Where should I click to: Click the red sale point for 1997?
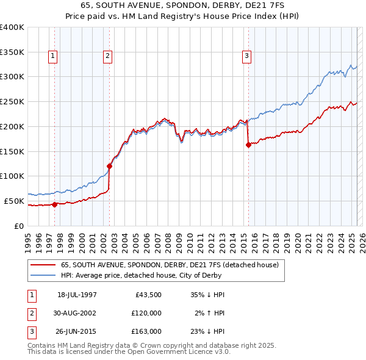pos(54,204)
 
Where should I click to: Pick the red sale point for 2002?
pos(110,166)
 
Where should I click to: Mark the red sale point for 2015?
pos(248,145)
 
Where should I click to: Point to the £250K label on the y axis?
pos(12,102)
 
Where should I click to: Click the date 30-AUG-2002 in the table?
pos(77,314)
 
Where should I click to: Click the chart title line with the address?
pos(183,5)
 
